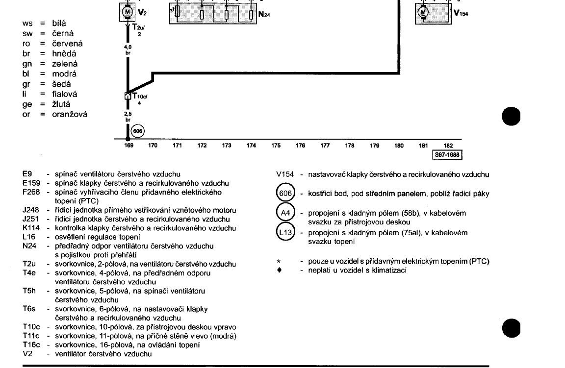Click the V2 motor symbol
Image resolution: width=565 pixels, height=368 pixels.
pyautogui.click(x=127, y=11)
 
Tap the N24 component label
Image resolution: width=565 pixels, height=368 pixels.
pyautogui.click(x=264, y=15)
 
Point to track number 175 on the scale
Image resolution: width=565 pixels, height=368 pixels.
pyautogui.click(x=276, y=146)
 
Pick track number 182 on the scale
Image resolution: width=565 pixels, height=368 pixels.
pyautogui.click(x=448, y=146)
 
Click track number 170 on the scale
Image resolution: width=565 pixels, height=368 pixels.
pyautogui.click(x=153, y=146)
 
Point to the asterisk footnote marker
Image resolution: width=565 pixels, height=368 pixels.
pyautogui.click(x=279, y=262)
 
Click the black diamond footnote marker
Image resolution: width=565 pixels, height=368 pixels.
pyautogui.click(x=279, y=270)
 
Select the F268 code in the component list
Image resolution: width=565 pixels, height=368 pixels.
pyautogui.click(x=31, y=192)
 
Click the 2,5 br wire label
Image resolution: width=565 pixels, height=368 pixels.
pyautogui.click(x=128, y=116)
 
